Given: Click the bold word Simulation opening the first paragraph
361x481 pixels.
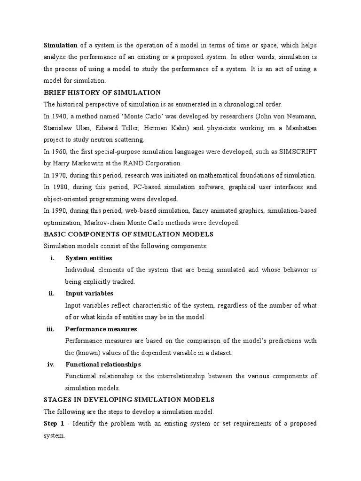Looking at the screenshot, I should click(x=61, y=45).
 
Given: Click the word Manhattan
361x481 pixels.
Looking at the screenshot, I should click(x=299, y=128).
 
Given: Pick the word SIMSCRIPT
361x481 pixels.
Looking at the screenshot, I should click(x=298, y=152).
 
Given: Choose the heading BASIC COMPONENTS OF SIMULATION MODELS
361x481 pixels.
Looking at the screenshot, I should click(x=128, y=234).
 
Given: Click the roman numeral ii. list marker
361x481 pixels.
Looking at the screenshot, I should click(x=52, y=294).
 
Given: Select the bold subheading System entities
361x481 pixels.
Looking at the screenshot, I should click(x=88, y=258).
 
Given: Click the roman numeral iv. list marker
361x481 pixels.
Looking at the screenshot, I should click(x=51, y=365).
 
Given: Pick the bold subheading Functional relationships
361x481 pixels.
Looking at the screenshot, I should click(x=103, y=365).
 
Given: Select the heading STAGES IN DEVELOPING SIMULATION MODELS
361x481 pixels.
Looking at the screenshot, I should click(x=129, y=400).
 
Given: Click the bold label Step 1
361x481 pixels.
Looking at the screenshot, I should click(x=54, y=424).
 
